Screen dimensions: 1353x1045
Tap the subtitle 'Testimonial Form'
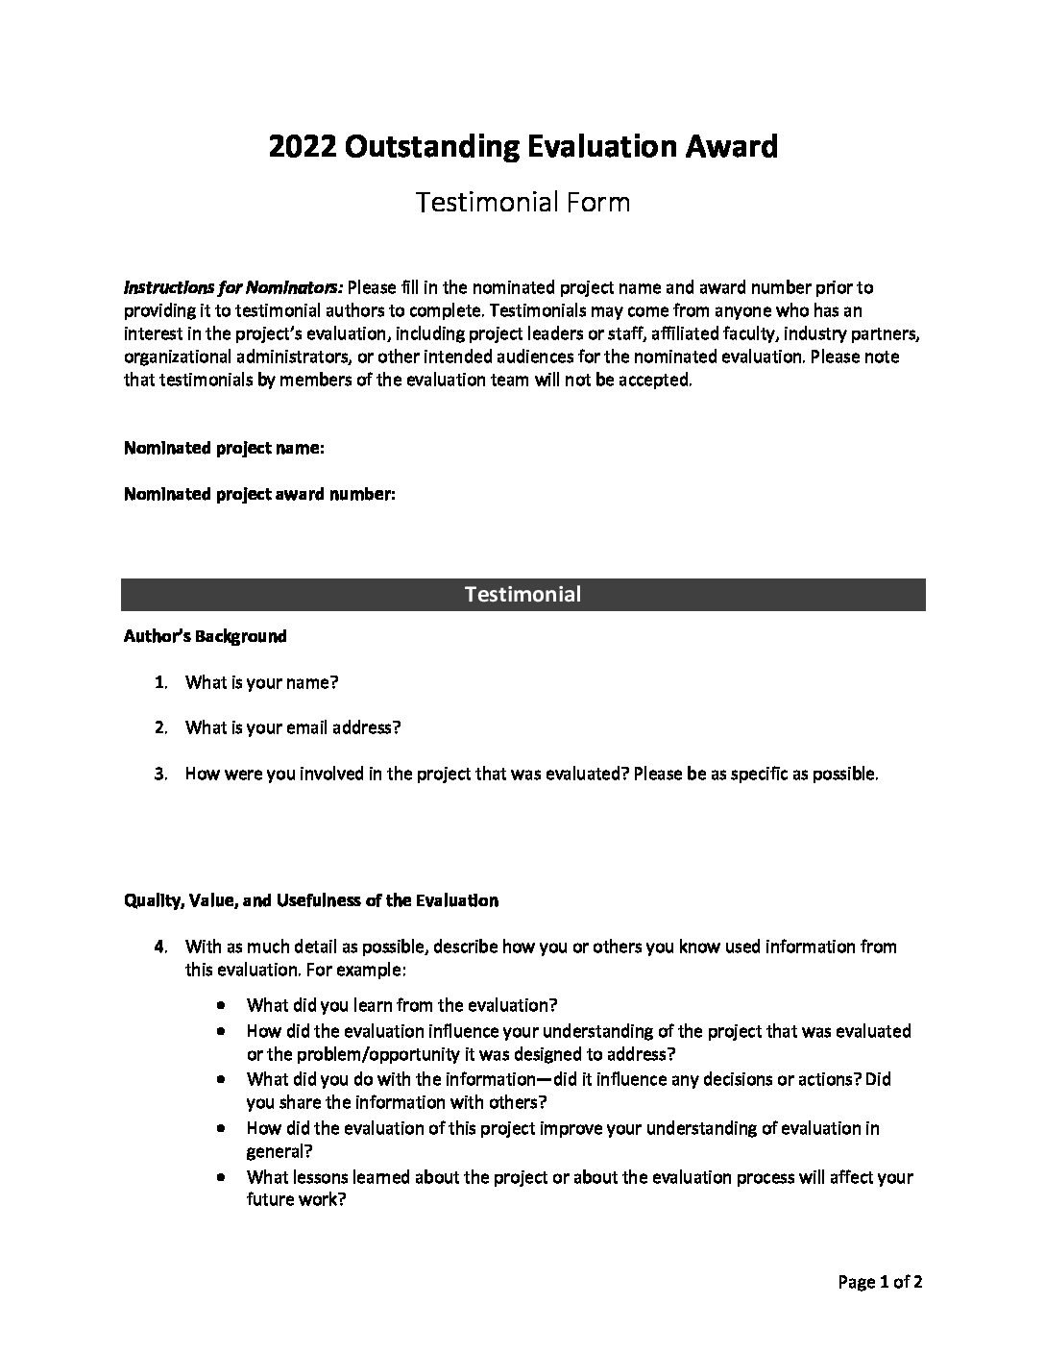coord(522,202)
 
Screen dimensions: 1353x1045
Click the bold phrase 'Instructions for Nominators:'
coord(233,287)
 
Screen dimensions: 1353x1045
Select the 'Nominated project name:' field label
coord(224,448)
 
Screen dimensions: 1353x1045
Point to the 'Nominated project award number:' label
coord(259,494)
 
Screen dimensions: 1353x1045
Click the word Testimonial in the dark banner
coord(522,594)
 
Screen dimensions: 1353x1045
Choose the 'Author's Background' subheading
coord(205,636)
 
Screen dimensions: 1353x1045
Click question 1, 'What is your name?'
coord(261,682)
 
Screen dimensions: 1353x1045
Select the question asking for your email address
coord(292,727)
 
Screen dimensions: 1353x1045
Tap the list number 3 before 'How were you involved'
coord(161,774)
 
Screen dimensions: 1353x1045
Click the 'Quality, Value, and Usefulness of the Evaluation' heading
coord(311,900)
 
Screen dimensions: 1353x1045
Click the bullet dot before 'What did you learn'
coord(223,1005)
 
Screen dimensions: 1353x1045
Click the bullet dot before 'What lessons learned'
coord(223,1177)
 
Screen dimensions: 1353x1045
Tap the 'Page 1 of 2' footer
coord(881,1281)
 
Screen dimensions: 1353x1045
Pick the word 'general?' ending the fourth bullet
coord(279,1151)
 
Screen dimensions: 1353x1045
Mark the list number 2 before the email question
coord(161,727)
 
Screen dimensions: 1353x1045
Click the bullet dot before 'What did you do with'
coord(223,1079)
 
